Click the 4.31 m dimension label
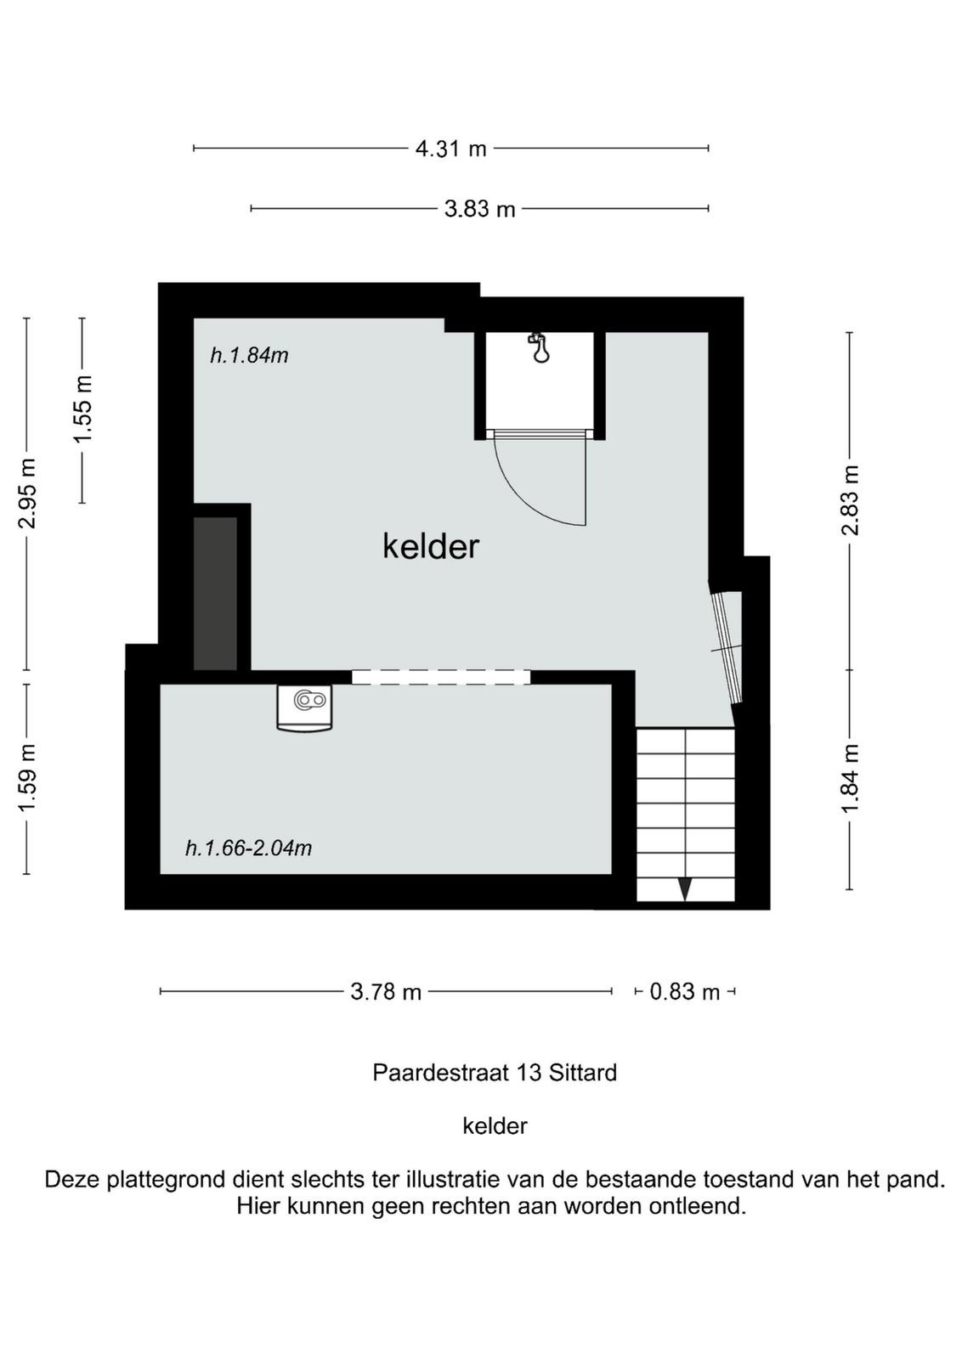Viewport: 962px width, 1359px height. click(x=451, y=149)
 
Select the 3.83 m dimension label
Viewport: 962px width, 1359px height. click(x=479, y=209)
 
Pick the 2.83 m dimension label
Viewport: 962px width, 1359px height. click(x=851, y=500)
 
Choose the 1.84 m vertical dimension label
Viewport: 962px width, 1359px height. click(x=851, y=778)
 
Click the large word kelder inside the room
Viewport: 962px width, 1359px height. click(x=431, y=546)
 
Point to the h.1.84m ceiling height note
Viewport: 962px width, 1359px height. click(x=249, y=355)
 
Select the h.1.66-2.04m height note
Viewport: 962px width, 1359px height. click(x=248, y=848)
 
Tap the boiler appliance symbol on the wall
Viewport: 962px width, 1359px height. click(x=305, y=708)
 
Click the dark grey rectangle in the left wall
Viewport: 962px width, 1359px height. click(x=215, y=594)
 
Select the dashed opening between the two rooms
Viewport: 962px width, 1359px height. click(x=441, y=677)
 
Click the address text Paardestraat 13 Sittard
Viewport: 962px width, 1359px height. click(x=495, y=1072)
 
